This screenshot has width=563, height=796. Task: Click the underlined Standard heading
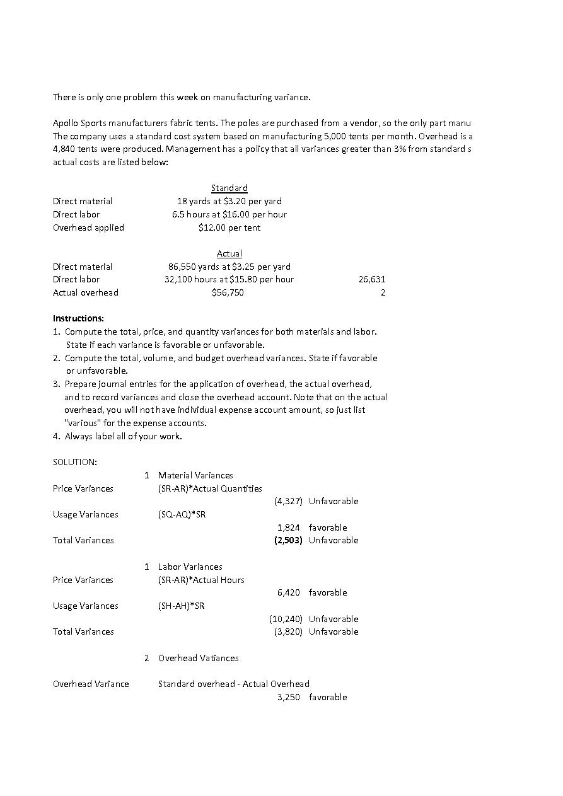point(229,188)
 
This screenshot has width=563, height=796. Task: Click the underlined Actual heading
point(229,253)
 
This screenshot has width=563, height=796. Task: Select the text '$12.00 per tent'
point(229,228)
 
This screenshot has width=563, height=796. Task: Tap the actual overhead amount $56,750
point(228,292)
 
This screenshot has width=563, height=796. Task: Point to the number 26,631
point(372,279)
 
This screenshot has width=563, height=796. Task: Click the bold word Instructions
point(78,318)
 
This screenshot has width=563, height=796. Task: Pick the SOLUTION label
point(75,462)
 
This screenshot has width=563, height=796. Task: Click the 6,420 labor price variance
point(289,592)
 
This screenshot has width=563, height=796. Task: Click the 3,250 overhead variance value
point(289,697)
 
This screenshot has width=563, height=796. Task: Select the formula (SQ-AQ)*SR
point(182,514)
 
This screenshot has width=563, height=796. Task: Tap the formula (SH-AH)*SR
point(181,606)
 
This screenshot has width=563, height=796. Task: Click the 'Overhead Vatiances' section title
point(198,658)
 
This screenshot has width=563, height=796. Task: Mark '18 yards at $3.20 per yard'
point(229,201)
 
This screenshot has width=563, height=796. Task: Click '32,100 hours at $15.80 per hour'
point(229,279)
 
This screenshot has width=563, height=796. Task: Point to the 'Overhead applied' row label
point(88,228)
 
